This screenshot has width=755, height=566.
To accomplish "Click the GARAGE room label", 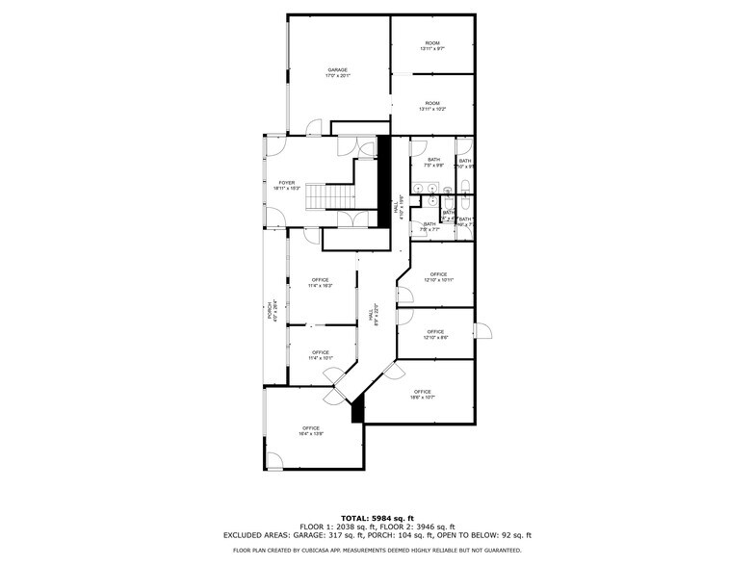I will pyautogui.click(x=337, y=72).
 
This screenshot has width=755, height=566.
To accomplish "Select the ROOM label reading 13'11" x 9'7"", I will pyautogui.click(x=432, y=46).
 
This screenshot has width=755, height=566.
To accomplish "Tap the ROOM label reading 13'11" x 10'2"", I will pyautogui.click(x=432, y=106).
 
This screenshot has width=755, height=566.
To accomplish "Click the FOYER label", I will pyautogui.click(x=287, y=185).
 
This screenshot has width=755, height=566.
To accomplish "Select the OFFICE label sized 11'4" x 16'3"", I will pyautogui.click(x=320, y=283).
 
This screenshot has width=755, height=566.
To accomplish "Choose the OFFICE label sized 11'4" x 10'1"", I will pyautogui.click(x=320, y=355).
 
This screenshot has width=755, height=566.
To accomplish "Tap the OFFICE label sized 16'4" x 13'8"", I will pyautogui.click(x=310, y=431).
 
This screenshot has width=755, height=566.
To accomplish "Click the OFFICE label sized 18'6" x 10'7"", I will pyautogui.click(x=422, y=394).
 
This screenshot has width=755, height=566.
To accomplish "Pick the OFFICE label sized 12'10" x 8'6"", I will pyautogui.click(x=435, y=334).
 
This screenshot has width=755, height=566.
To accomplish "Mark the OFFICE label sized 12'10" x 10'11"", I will pyautogui.click(x=438, y=276).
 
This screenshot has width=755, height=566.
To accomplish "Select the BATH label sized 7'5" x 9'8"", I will pyautogui.click(x=433, y=162).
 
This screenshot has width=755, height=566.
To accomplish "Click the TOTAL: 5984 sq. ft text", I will pyautogui.click(x=377, y=518).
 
